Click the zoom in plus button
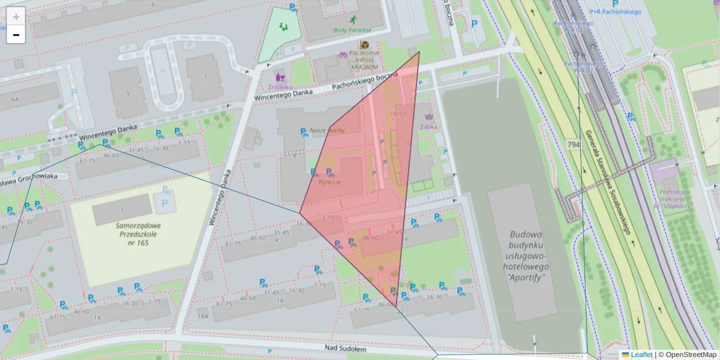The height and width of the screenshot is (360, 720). point(16,17)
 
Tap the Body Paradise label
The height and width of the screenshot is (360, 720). point(352,30)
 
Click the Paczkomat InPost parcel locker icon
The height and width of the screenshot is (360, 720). point(364,45)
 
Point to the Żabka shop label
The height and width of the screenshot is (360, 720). point(428,127)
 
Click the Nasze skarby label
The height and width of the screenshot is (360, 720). point(327,130)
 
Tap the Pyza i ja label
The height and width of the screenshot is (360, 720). point(329,182)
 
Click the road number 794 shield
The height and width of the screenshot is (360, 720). point(573,145)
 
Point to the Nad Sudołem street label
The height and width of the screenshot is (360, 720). point(345,348)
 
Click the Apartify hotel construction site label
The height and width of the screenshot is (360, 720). point(526,256)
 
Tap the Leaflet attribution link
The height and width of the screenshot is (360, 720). point(641,355)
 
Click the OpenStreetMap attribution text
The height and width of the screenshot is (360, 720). point(687,355)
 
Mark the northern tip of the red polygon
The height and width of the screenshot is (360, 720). point(419,52)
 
